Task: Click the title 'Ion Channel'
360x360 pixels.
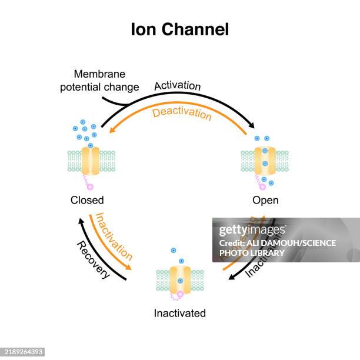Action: pos(179,29)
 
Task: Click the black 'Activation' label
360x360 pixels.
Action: pos(177,86)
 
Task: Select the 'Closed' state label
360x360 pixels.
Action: pos(87,200)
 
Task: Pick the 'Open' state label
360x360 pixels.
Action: pos(265,200)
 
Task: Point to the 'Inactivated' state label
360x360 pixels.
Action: pos(179,313)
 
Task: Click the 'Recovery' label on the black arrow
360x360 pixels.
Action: pos(94,259)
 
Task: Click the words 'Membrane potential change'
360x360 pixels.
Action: pos(106,81)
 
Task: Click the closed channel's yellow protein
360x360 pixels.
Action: pos(91,161)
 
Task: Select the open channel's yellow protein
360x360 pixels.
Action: pos(265,161)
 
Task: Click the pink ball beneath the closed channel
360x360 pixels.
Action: pos(90,186)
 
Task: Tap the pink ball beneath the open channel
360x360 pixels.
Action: pos(262,186)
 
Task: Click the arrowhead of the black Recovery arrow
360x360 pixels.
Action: pos(81,221)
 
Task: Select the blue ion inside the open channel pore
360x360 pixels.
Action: pos(265,163)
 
